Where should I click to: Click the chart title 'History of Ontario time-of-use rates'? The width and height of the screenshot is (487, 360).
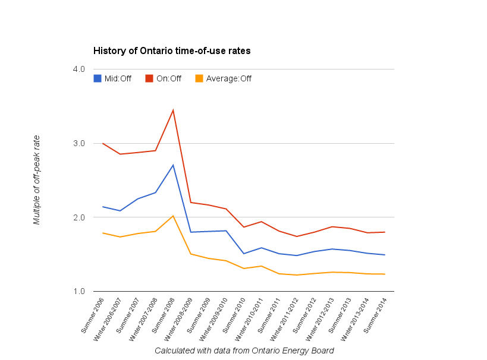pyautogui.click(x=172, y=51)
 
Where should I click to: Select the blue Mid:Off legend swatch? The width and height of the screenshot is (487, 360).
pyautogui.click(x=98, y=78)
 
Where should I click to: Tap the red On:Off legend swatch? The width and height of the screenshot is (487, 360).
pyautogui.click(x=149, y=78)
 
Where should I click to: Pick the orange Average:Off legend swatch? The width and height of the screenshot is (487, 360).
pyautogui.click(x=199, y=78)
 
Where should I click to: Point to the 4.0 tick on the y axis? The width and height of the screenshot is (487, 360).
pyautogui.click(x=79, y=69)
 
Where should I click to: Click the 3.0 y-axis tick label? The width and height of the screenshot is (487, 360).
pyautogui.click(x=79, y=143)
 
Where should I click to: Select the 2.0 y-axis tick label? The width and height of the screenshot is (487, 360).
pyautogui.click(x=79, y=217)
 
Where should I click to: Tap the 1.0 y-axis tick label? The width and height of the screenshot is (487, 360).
pyautogui.click(x=79, y=291)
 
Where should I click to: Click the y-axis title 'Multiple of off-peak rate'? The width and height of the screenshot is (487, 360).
pyautogui.click(x=37, y=180)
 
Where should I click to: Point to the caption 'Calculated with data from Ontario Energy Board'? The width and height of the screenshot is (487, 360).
pyautogui.click(x=244, y=350)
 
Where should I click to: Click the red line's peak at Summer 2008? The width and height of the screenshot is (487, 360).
pyautogui.click(x=173, y=110)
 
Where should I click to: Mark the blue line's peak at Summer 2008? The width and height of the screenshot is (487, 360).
pyautogui.click(x=173, y=165)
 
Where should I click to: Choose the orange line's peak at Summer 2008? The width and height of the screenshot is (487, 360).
pyautogui.click(x=173, y=216)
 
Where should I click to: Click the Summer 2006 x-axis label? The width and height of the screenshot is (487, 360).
pyautogui.click(x=93, y=315)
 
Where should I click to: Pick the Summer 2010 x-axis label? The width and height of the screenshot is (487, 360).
pyautogui.click(x=234, y=315)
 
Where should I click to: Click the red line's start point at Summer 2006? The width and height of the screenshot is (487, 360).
pyautogui.click(x=103, y=143)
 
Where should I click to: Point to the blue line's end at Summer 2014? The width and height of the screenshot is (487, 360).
pyautogui.click(x=385, y=255)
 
